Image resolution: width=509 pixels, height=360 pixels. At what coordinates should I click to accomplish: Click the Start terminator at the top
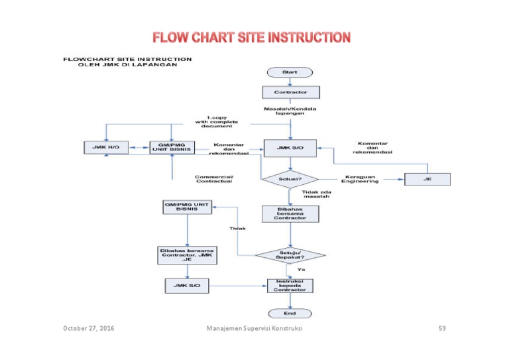290,72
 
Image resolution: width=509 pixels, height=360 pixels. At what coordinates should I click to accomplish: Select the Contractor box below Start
290,91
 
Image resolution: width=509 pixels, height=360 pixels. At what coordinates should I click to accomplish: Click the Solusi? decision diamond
290,178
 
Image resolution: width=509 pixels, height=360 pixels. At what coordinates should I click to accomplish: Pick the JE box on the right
427,178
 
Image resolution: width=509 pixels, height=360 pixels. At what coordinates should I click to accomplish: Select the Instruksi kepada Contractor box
290,285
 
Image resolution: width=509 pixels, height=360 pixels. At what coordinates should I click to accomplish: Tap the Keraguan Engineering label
361,179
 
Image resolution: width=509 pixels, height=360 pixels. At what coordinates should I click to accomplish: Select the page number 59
442,329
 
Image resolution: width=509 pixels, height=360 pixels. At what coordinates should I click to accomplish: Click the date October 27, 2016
88,329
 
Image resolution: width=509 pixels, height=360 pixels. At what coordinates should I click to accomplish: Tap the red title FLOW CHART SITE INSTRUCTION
252,36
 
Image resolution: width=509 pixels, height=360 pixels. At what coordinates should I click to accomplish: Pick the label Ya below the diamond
301,270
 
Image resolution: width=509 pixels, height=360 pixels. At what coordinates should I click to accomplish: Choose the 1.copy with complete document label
218,121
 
